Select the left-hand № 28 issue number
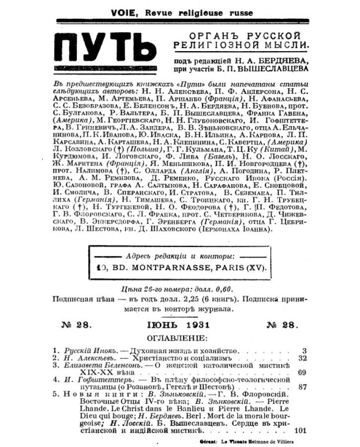coord(76,325)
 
